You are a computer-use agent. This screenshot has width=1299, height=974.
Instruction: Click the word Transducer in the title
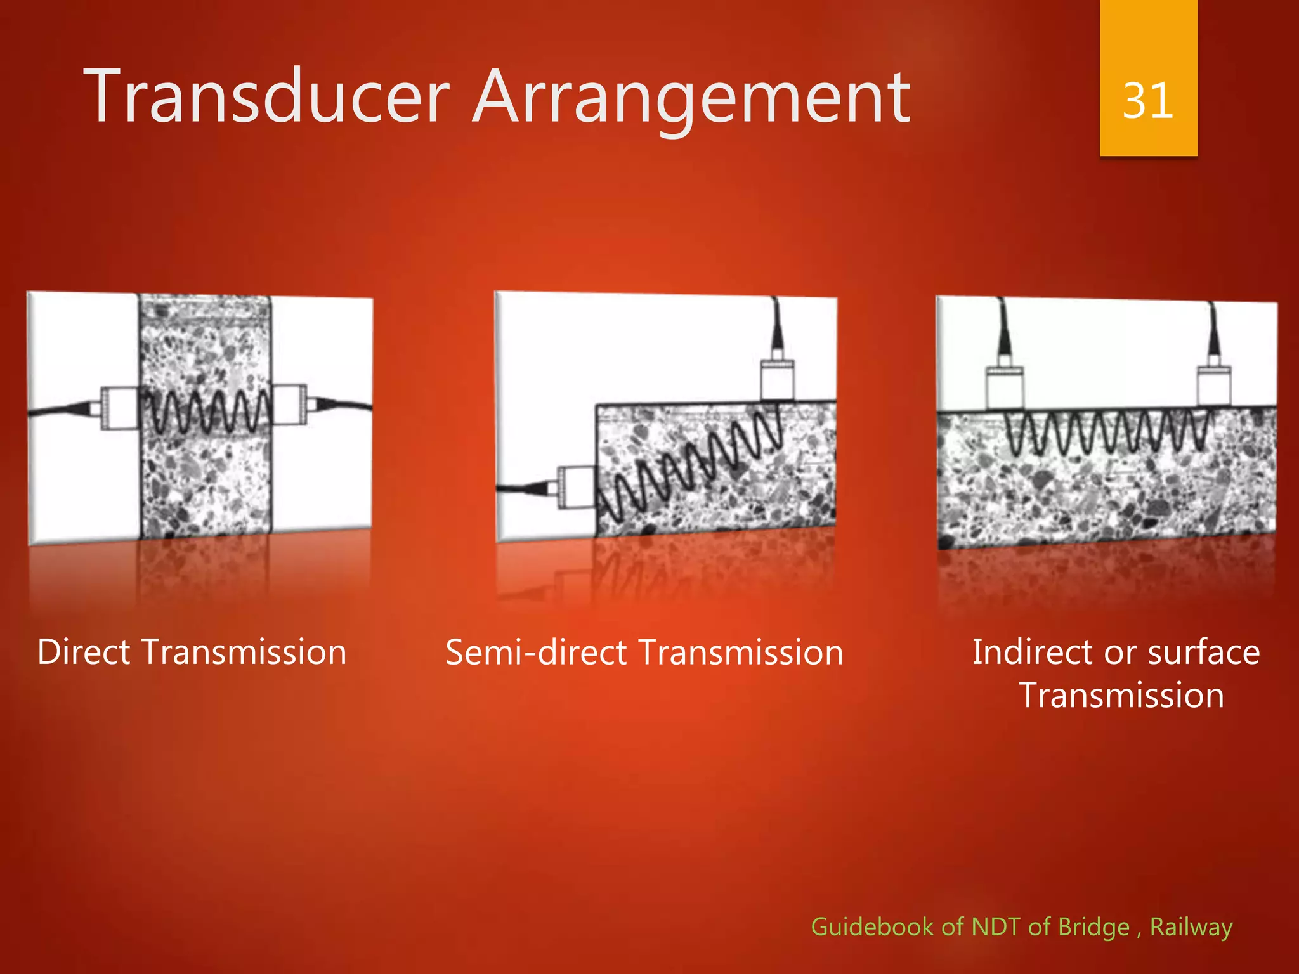(266, 98)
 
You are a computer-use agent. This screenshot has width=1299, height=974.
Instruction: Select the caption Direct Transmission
(192, 653)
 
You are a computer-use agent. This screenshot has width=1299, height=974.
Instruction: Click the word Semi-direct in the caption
(537, 653)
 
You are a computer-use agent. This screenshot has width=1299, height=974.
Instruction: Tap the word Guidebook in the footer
(872, 926)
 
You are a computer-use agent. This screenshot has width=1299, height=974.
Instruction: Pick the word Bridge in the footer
(1093, 926)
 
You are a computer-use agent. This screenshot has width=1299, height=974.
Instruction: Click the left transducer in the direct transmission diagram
(120, 408)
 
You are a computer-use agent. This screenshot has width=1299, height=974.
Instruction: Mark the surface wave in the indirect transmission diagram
(1107, 432)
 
